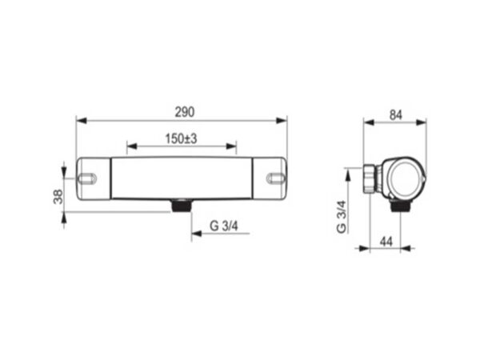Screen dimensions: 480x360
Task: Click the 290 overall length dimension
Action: click(185, 112)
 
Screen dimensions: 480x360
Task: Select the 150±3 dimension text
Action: click(181, 139)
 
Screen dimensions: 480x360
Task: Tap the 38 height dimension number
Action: click(58, 197)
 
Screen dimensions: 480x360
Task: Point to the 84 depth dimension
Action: click(395, 115)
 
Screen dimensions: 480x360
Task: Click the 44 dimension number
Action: click(386, 242)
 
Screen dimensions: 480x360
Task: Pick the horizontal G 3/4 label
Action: click(224, 226)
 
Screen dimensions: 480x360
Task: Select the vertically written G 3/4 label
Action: click(342, 217)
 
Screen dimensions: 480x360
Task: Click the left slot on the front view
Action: click(87, 178)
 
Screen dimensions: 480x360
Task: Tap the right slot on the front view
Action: click(276, 178)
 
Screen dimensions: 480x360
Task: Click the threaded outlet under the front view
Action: click(182, 205)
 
